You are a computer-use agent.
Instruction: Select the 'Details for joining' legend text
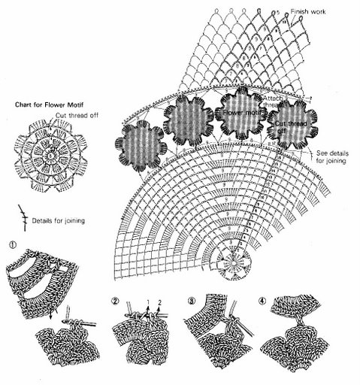coord(60,221)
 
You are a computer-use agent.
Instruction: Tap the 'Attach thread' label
coord(274,102)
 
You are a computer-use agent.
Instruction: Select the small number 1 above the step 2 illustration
coord(149,302)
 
